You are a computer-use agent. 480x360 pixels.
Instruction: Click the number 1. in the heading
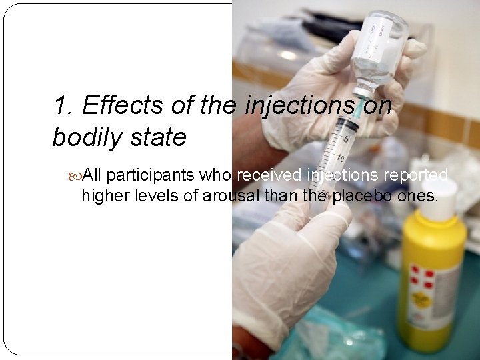tap(64, 105)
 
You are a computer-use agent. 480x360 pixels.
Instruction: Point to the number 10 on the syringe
tap(341, 159)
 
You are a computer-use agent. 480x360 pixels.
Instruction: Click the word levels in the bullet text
tap(159, 195)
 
